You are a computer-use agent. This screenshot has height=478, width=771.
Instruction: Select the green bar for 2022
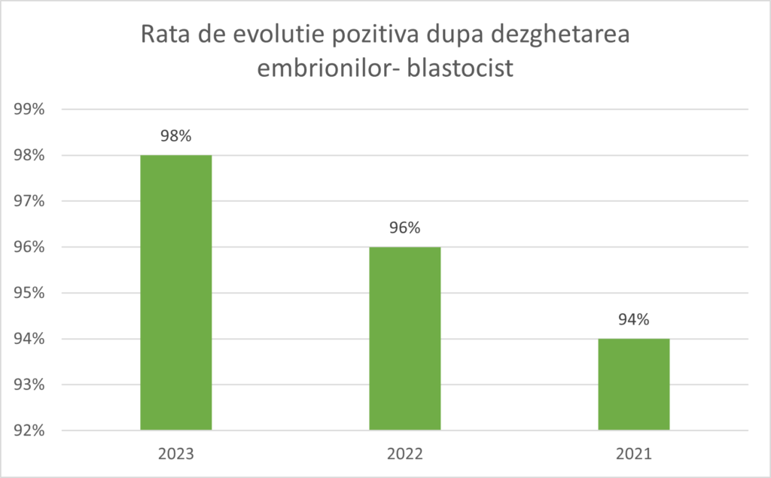tap(404, 338)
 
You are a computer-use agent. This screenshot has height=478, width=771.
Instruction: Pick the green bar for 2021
tap(633, 384)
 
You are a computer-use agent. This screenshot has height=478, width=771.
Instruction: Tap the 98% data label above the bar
tap(175, 136)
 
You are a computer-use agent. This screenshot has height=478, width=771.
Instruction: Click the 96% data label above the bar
tap(404, 228)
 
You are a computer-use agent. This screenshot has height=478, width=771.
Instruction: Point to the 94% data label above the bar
tap(633, 320)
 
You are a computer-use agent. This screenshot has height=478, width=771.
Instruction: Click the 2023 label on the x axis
tap(175, 455)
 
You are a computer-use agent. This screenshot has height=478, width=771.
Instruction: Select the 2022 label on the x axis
tap(404, 455)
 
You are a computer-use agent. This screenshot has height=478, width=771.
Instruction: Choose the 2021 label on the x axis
tap(633, 455)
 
